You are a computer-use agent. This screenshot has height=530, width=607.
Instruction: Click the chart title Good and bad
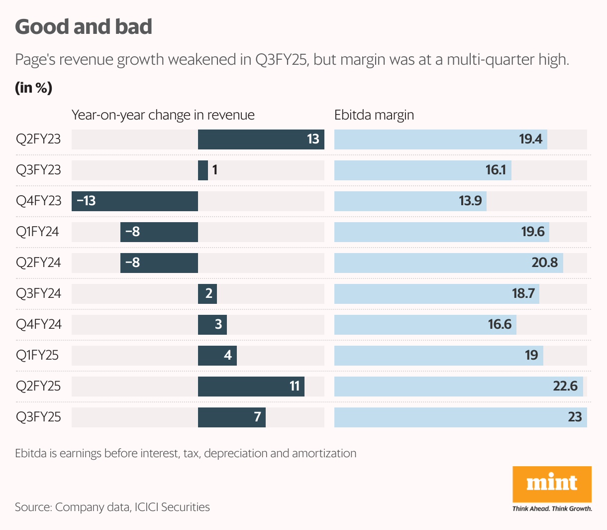[x=84, y=27]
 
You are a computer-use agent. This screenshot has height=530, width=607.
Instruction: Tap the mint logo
[x=552, y=484]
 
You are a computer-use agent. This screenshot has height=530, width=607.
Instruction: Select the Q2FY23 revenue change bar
[x=261, y=139]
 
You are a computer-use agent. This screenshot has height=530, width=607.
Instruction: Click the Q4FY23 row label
[x=39, y=201]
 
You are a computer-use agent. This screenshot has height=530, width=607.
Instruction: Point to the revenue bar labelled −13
[x=135, y=201]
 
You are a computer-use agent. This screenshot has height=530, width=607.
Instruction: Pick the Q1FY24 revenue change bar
[x=159, y=232]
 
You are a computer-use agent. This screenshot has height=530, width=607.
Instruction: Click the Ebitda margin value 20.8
[x=545, y=263]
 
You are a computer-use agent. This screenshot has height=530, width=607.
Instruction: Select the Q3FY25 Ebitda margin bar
[x=460, y=417]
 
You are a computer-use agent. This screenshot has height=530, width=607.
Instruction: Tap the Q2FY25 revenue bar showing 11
[x=251, y=387]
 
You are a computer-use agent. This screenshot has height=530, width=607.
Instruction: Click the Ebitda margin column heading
[x=374, y=115]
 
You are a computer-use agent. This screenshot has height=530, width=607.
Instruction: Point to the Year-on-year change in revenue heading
[x=163, y=115]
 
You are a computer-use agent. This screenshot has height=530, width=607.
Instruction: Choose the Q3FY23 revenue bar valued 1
[x=203, y=170]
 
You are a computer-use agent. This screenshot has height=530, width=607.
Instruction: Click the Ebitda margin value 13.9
[x=470, y=201]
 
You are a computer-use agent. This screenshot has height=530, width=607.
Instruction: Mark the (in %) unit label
[x=34, y=88]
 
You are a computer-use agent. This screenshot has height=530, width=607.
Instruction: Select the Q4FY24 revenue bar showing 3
[x=212, y=325]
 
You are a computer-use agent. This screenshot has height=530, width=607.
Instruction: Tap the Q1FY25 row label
[x=37, y=355]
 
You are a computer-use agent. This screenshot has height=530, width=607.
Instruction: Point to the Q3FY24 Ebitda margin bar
[x=436, y=294]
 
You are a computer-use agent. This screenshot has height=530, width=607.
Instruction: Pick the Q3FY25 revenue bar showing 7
[x=231, y=417]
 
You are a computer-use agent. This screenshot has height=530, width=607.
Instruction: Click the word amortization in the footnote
[x=324, y=453]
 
